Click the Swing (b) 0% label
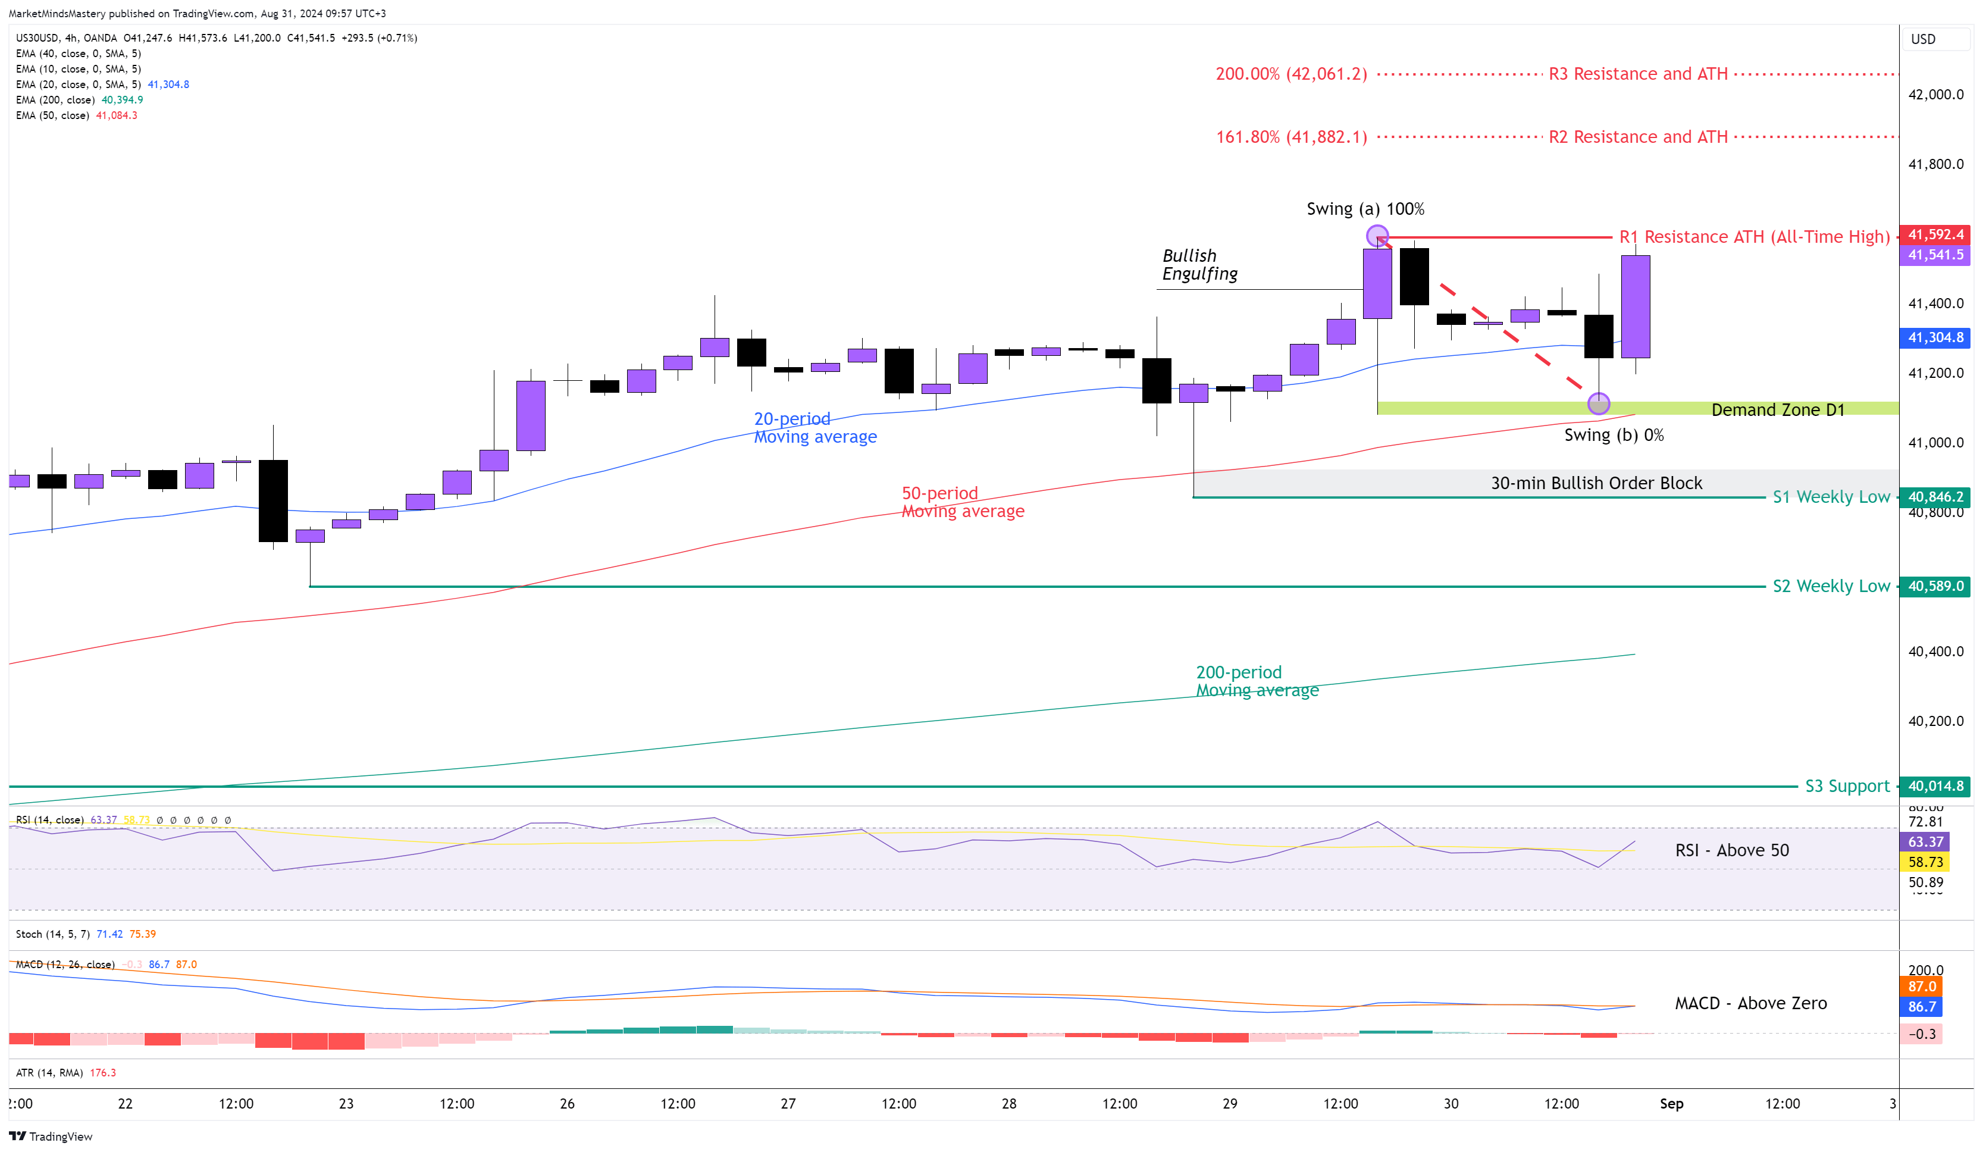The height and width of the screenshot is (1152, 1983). pyautogui.click(x=1613, y=435)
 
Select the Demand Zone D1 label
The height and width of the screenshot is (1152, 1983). pyautogui.click(x=1777, y=410)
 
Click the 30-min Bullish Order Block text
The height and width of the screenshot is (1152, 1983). pyautogui.click(x=1596, y=483)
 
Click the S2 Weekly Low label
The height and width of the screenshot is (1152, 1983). pyautogui.click(x=1830, y=586)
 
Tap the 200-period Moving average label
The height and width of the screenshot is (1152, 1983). pyautogui.click(x=1257, y=681)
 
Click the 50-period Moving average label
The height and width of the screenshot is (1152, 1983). pyautogui.click(x=963, y=502)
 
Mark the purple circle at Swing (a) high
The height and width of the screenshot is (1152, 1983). pyautogui.click(x=1377, y=235)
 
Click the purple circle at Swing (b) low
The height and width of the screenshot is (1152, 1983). pyautogui.click(x=1598, y=403)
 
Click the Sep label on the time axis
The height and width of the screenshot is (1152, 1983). pyautogui.click(x=1671, y=1103)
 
